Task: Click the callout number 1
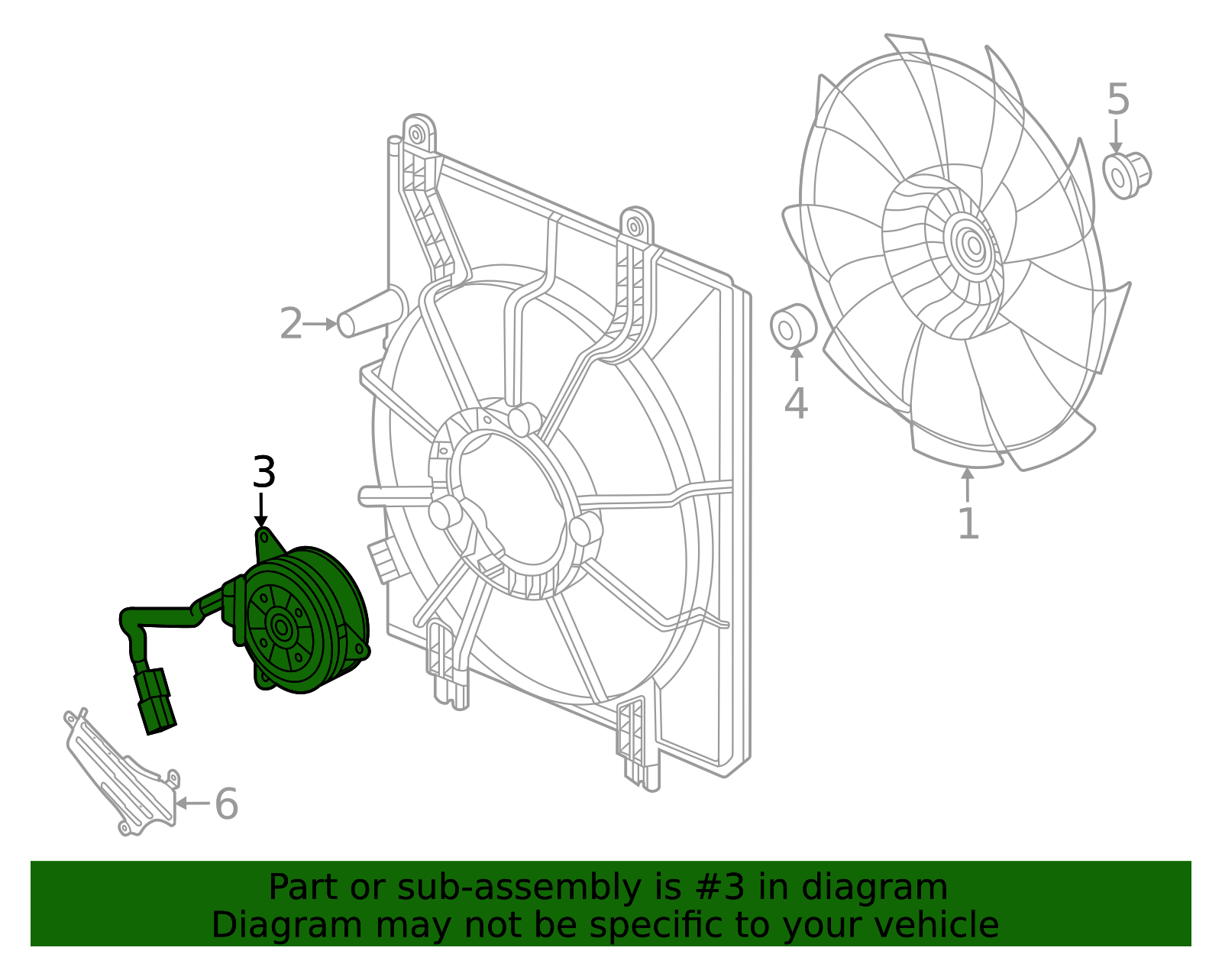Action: [968, 524]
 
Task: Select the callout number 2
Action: [291, 324]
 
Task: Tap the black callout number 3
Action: [263, 473]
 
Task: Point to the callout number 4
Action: [796, 403]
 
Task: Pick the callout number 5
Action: [1117, 99]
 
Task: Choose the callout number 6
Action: [226, 804]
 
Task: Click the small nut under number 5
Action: [1127, 175]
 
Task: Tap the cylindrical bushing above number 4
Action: [793, 326]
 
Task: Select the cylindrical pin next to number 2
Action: [371, 313]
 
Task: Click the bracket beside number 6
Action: [122, 771]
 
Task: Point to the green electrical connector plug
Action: [155, 701]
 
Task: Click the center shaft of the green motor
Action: [282, 628]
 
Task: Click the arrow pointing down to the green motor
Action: [262, 510]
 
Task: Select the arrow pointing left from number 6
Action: [192, 804]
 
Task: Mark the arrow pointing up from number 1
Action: [968, 484]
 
